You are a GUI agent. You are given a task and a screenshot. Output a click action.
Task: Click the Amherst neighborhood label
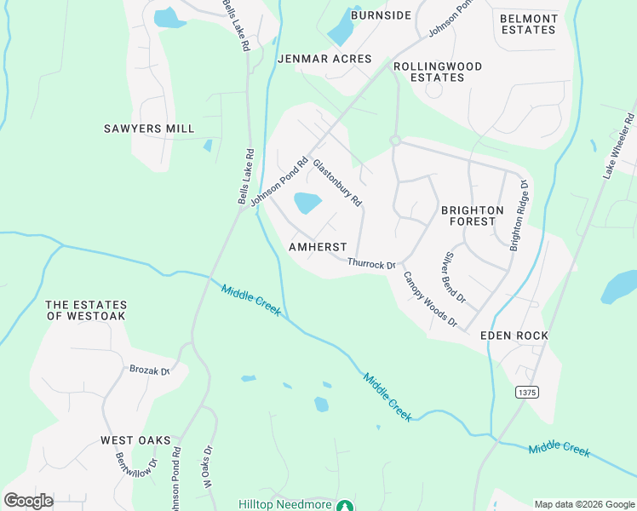point(318,246)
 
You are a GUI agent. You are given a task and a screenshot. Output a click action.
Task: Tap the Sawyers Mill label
point(149,129)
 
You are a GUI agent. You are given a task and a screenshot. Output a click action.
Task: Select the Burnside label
point(382,15)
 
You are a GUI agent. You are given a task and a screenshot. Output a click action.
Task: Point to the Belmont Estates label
point(528,24)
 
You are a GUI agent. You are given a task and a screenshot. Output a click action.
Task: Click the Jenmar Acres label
point(324,59)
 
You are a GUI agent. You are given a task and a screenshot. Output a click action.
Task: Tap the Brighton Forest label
point(472,215)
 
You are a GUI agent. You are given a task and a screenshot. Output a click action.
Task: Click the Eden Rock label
point(514,336)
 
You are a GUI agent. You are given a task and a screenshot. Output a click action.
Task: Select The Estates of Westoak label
point(86,310)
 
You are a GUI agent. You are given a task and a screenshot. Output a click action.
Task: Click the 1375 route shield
point(526,390)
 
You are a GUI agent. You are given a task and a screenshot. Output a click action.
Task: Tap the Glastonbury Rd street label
point(337,183)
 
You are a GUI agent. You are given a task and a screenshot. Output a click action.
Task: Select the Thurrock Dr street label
point(372,264)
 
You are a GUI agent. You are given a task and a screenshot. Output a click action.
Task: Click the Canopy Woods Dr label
point(430,299)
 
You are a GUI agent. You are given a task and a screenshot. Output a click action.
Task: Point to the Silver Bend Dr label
point(452,278)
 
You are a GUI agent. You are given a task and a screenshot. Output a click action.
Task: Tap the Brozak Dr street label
point(149,370)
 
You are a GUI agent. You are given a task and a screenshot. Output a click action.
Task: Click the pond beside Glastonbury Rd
point(307,203)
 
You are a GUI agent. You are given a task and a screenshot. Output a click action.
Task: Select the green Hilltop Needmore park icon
point(345,505)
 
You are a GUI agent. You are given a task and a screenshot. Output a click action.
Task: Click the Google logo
point(28,501)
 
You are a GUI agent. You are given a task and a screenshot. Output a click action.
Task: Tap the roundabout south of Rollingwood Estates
point(395,140)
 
